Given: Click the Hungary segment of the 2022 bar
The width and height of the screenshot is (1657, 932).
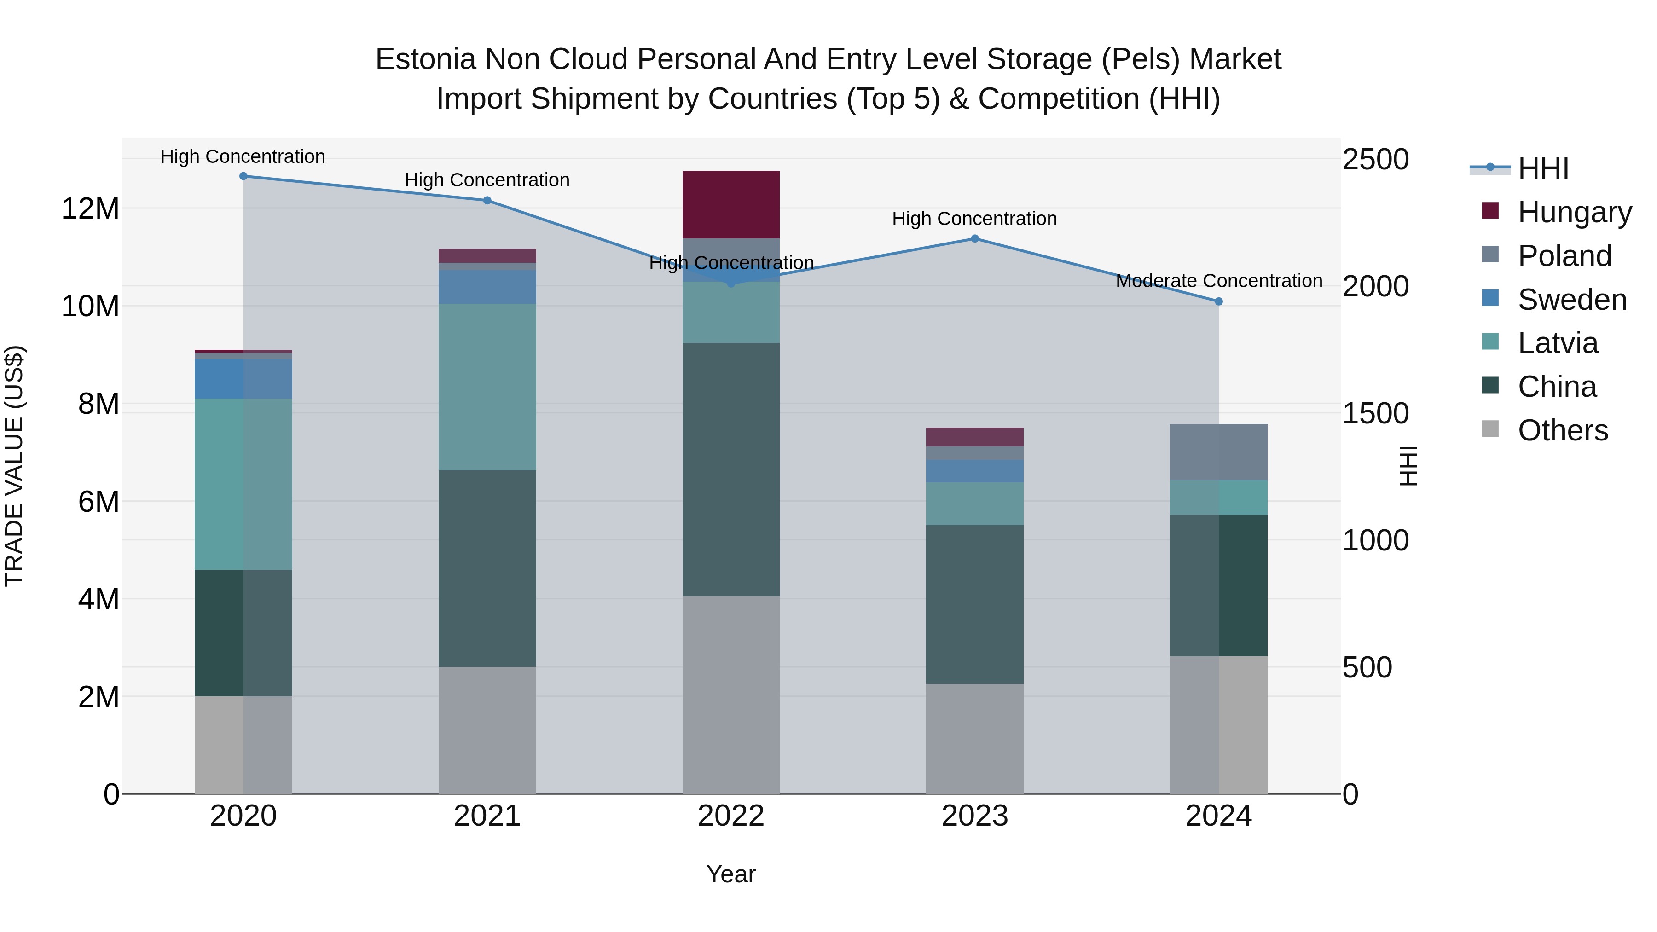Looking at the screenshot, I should pos(731,204).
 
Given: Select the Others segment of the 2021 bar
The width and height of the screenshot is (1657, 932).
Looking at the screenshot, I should pos(487,730).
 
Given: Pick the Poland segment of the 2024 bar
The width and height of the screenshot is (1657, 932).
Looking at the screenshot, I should pos(1218,452).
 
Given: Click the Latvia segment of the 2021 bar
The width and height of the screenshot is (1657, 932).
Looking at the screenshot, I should pos(487,387).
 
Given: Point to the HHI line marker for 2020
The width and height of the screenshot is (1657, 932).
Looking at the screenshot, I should pos(243,176).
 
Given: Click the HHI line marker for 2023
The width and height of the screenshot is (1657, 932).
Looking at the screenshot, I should pos(974,238).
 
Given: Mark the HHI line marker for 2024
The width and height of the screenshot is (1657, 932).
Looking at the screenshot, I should pos(1218,301).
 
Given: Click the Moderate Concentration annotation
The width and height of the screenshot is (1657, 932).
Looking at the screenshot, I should pos(1218,281).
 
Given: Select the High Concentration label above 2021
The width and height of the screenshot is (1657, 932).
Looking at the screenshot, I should pos(487,180).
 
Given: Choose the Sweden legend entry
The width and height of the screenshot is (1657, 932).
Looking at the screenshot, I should pos(1571,300).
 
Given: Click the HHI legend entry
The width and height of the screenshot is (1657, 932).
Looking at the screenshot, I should pos(1542,168).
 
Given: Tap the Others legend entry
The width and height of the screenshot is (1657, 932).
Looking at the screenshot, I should pos(1562,430).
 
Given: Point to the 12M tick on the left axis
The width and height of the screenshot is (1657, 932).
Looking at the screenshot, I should pos(90,209).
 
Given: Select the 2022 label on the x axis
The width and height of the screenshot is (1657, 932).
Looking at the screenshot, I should pos(731,816).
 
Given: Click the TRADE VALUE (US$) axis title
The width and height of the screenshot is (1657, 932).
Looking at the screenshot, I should pos(14,466).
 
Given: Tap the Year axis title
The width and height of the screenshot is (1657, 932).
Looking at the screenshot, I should pos(731,874).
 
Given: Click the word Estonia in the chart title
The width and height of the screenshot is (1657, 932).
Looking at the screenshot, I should pos(425,59).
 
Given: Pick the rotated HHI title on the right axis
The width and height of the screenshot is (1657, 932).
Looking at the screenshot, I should pos(1408,466).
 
